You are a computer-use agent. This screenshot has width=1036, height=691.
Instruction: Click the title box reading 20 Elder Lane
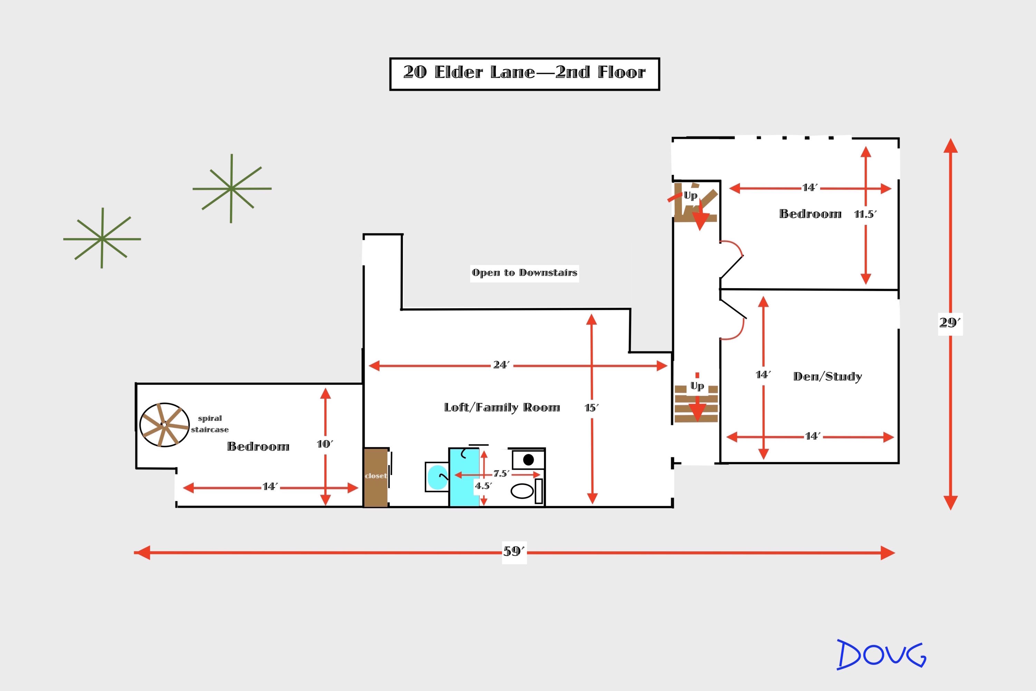pos(525,74)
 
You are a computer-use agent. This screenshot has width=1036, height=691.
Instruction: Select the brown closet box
pos(376,477)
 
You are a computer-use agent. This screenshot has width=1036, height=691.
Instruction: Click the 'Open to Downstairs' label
pos(524,273)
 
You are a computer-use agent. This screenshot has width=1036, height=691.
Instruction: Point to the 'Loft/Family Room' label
pos(502,407)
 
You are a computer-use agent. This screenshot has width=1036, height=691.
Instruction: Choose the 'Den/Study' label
pos(827,376)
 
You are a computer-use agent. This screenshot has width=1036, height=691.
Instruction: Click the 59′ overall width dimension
pos(514,551)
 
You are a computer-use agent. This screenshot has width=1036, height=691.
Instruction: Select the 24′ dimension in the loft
pos(501,365)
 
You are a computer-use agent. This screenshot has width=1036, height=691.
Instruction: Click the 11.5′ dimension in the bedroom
pos(865,215)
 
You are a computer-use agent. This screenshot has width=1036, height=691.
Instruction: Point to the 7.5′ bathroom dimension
pos(501,474)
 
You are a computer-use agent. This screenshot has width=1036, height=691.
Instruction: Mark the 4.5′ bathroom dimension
pos(483,486)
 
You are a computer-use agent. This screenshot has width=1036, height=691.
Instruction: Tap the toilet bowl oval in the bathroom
pos(522,491)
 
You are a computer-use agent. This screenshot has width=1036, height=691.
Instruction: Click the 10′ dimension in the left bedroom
pos(325,444)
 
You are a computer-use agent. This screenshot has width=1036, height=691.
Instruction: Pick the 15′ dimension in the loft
pos(592,408)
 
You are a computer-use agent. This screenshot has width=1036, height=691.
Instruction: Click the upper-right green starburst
pos(232,189)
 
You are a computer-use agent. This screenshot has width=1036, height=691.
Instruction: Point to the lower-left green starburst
pos(102,238)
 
